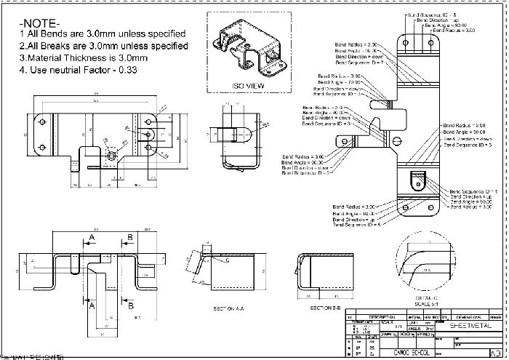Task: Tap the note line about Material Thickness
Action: pyautogui.click(x=84, y=57)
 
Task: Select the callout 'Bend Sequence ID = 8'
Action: pyautogui.click(x=431, y=15)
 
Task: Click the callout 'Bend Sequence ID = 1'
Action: pyautogui.click(x=474, y=190)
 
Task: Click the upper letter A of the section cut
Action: pyautogui.click(x=92, y=238)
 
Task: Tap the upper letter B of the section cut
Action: pyautogui.click(x=129, y=238)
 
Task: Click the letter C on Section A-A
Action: pyautogui.click(x=227, y=259)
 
